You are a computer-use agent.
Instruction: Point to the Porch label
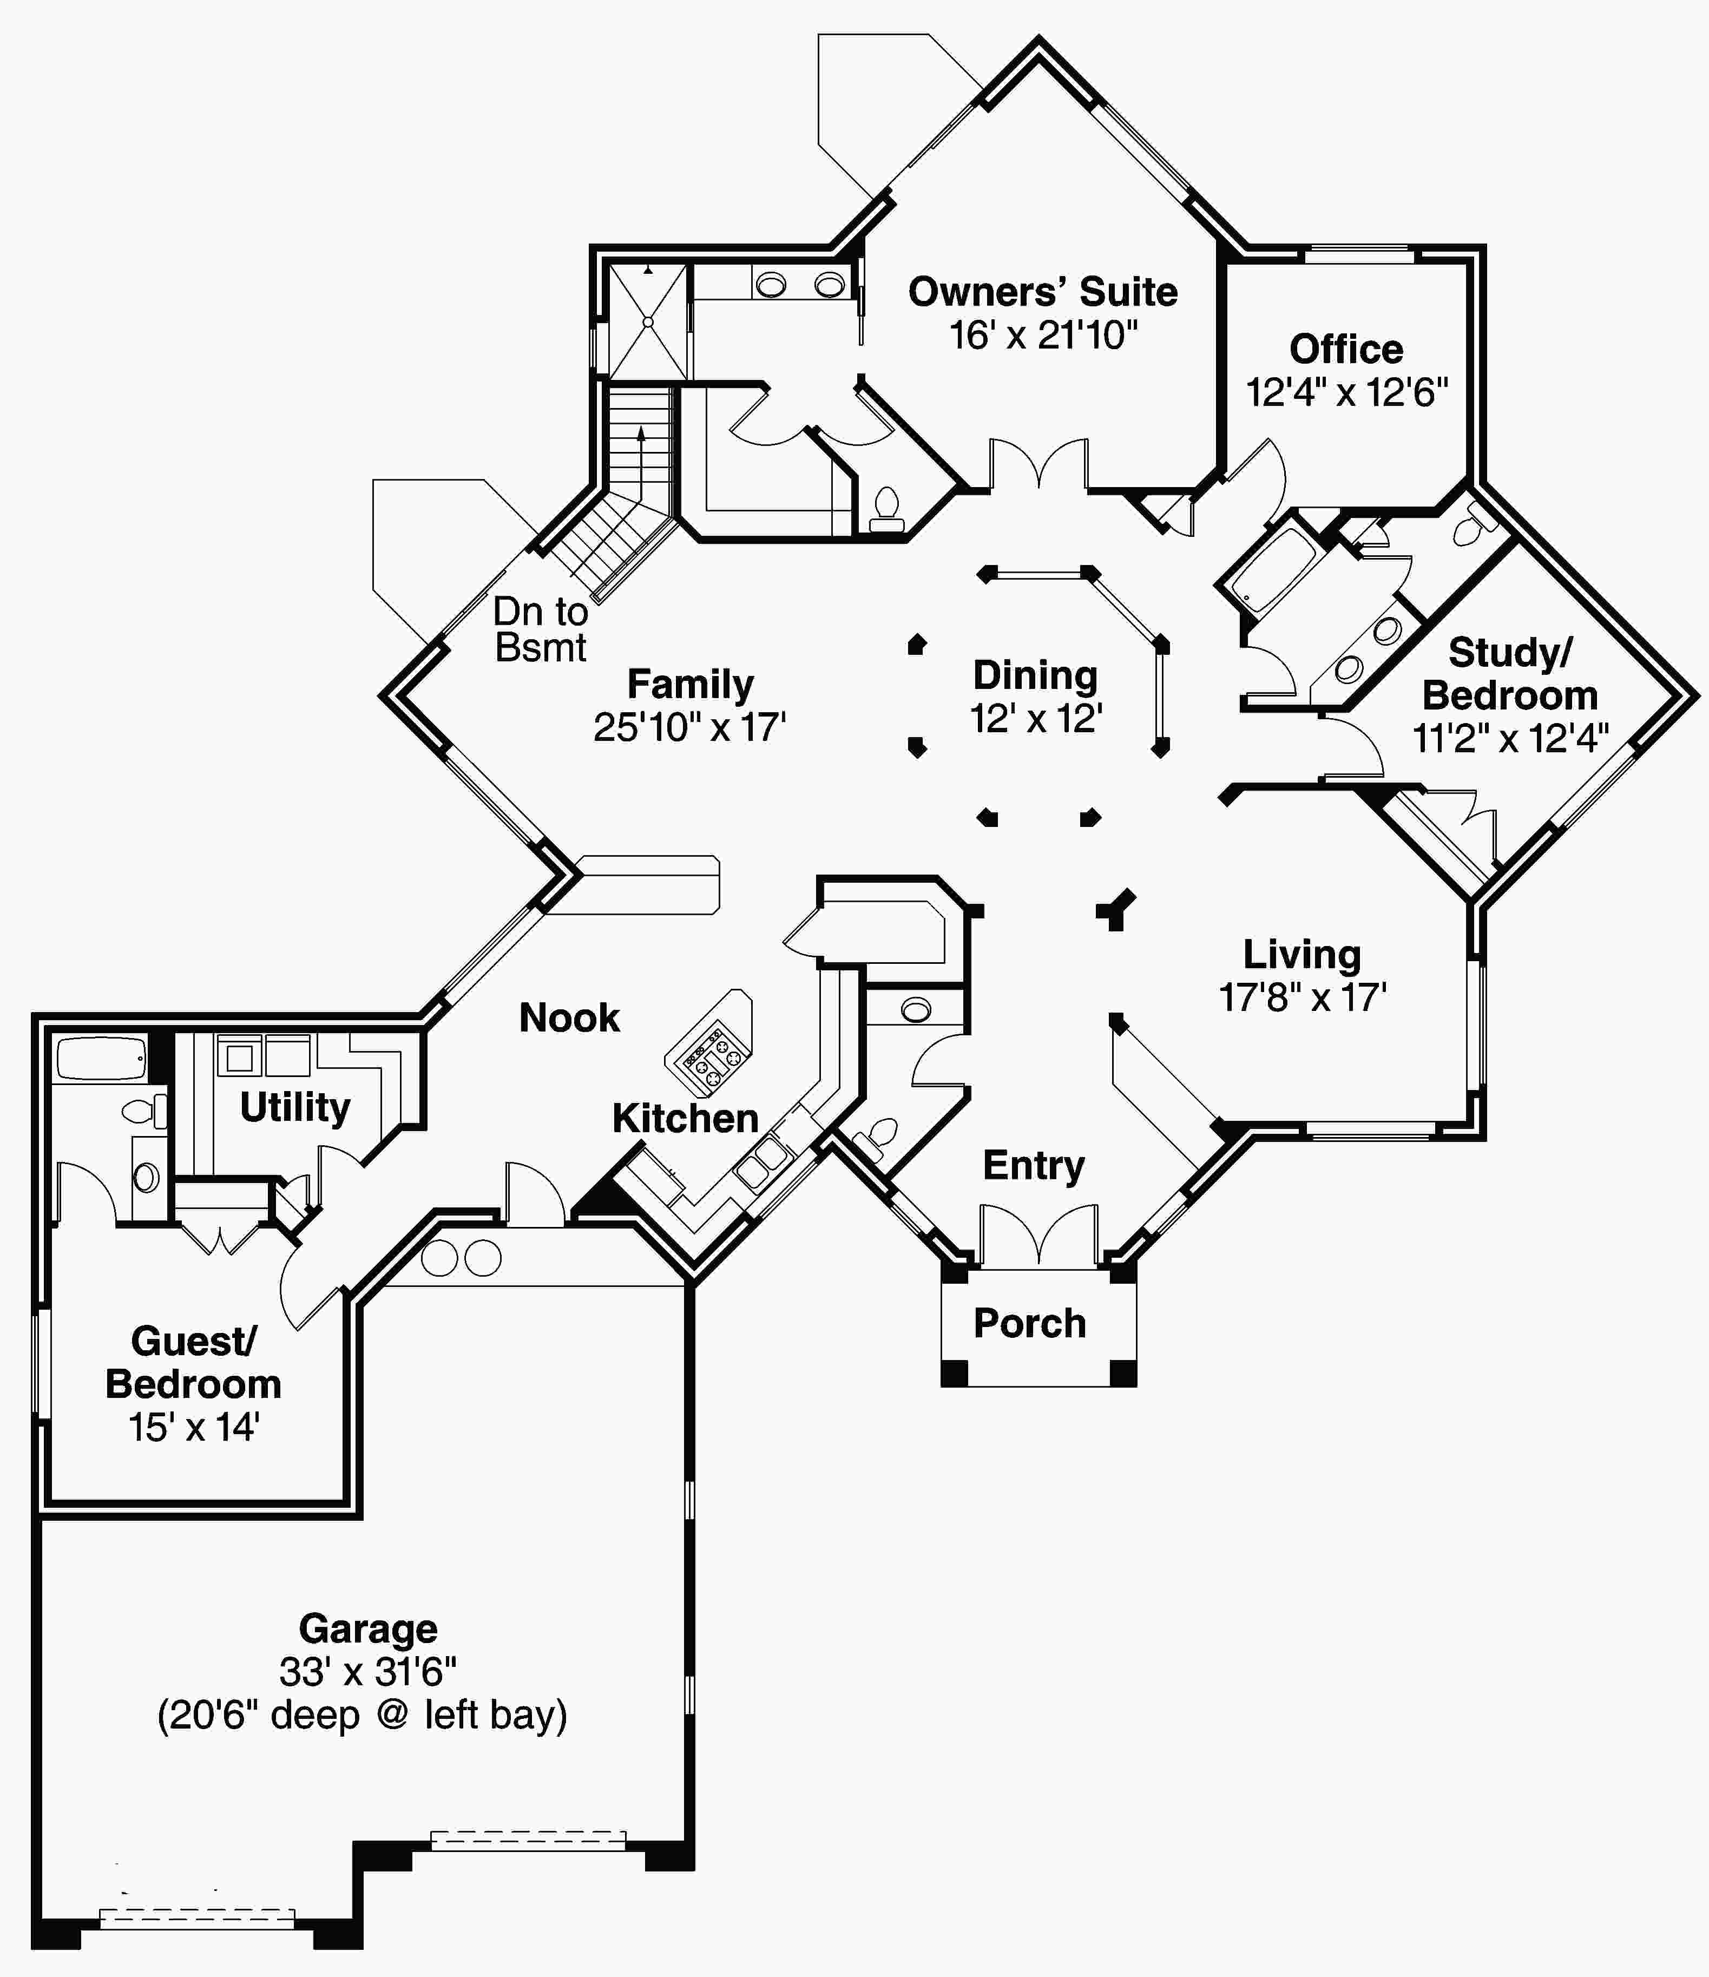(x=1030, y=1323)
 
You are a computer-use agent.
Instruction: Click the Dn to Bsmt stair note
(x=540, y=630)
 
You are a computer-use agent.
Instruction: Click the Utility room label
(x=295, y=1107)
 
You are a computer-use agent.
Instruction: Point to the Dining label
(x=1035, y=675)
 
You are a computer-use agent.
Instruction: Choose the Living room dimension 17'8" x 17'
(x=1302, y=997)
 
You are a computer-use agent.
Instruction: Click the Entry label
(x=1034, y=1165)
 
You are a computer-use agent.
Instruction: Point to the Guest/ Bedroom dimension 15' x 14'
(x=194, y=1427)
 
